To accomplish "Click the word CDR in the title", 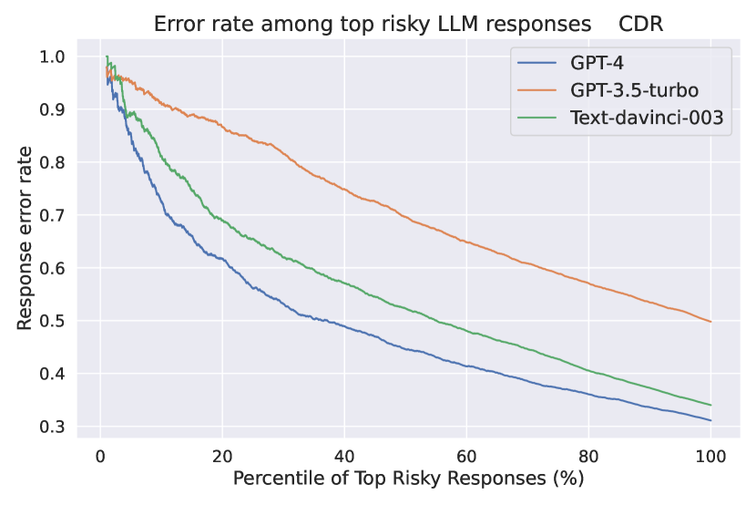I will (639, 25).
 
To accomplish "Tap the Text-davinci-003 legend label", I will (649, 119).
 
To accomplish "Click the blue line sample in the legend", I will (537, 65).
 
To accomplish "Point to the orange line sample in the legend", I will (537, 92).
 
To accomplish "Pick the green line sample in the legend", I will (537, 119).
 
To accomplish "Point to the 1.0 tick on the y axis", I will (51, 57).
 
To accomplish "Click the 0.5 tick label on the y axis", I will (51, 321).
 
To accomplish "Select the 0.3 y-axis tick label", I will (51, 427).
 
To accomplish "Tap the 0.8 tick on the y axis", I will (51, 162).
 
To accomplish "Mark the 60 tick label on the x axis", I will (466, 456).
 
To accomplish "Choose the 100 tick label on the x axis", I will (710, 456).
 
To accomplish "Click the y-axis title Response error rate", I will (25, 239).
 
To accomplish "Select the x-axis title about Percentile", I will (407, 479).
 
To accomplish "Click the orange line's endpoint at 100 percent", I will (710, 322).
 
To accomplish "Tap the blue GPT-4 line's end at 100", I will (710, 420).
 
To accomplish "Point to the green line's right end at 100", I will (710, 405).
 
